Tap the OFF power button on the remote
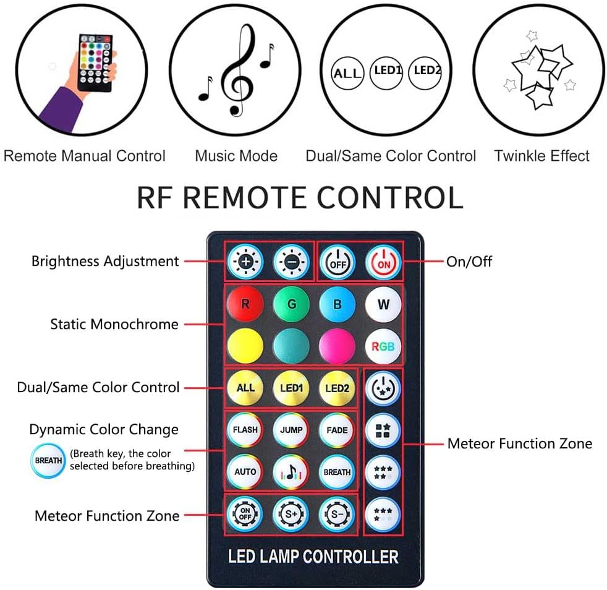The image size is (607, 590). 337,262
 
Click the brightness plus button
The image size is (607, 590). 245,262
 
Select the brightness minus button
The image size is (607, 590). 291,262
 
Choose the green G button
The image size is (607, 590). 291,304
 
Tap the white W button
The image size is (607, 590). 383,304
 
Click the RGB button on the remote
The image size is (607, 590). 383,346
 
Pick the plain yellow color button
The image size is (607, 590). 245,346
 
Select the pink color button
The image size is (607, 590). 337,346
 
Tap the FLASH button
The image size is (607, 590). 245,430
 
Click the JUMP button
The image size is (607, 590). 291,430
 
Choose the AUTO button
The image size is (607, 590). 245,471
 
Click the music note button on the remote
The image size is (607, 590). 291,471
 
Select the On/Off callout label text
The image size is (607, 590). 469,262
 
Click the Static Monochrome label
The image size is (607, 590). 114,324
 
